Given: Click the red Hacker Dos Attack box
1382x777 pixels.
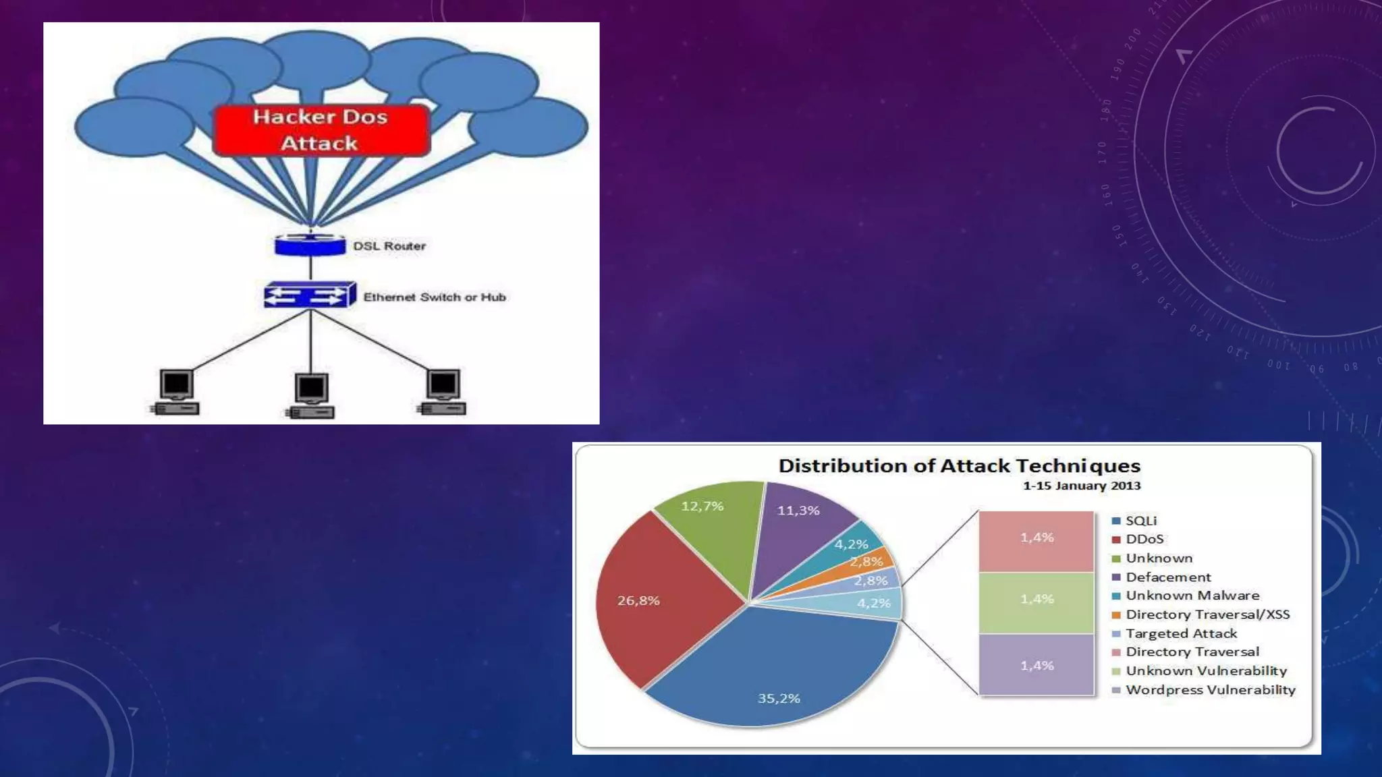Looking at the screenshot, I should point(321,130).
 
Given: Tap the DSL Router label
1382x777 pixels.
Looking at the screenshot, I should point(389,246).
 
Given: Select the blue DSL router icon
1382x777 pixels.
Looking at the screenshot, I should point(310,245).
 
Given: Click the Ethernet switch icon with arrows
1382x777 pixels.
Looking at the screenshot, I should point(309,295).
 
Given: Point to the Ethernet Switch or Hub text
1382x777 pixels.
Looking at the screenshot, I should point(435,297).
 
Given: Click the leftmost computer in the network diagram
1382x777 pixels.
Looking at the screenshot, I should point(175,392).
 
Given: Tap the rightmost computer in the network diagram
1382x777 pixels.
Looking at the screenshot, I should point(443,392).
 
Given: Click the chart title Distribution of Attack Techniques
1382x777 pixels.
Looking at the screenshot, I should point(959,466).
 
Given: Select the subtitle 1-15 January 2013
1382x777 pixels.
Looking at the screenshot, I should point(1081,486).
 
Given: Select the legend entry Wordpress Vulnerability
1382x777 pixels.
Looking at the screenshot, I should point(1210,690).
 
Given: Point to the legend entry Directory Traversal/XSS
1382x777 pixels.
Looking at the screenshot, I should point(1207,614).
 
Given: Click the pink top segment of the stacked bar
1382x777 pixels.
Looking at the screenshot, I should point(1036,541).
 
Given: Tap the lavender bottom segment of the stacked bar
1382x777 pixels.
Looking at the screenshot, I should point(1036,664).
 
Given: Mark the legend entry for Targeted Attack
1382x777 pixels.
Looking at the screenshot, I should point(1181,633).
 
